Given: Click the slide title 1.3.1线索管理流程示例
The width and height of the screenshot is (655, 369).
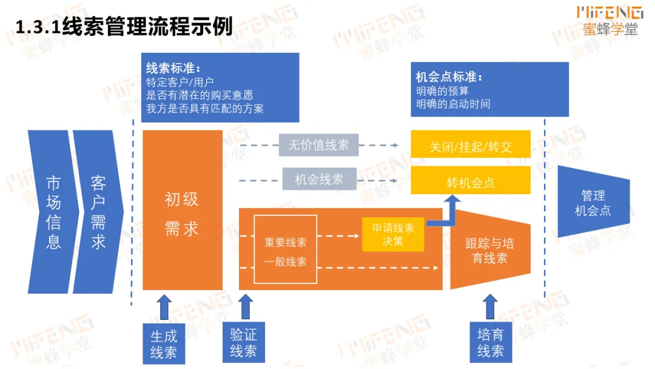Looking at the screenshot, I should (124, 27).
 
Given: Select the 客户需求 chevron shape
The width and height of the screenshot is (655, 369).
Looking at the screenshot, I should (97, 212).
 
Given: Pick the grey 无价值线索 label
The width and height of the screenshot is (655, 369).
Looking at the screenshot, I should (318, 145).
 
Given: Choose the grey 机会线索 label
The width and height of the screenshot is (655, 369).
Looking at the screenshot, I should (318, 179).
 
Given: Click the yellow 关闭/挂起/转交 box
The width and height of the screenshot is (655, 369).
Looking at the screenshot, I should (471, 146).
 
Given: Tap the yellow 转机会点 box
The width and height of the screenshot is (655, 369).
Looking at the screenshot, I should (471, 182).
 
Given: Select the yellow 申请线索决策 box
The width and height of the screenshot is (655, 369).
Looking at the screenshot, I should (393, 234).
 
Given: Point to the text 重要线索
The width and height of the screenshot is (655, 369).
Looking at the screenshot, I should (285, 242).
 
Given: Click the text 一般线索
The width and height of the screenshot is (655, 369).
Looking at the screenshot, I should (285, 262).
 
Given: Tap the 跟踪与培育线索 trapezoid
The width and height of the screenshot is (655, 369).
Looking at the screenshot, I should (490, 251).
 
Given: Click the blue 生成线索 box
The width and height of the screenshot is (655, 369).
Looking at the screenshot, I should (164, 344).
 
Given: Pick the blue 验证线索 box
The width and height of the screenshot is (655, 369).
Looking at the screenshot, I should (243, 343).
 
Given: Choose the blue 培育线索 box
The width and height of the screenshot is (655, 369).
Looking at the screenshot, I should (490, 343).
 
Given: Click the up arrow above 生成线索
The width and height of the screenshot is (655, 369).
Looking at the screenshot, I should (164, 306).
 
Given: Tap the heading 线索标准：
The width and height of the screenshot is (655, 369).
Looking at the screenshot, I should (173, 68).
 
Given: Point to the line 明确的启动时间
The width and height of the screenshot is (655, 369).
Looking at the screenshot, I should (453, 104).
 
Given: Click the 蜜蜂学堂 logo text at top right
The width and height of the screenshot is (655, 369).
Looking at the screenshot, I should (610, 29).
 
